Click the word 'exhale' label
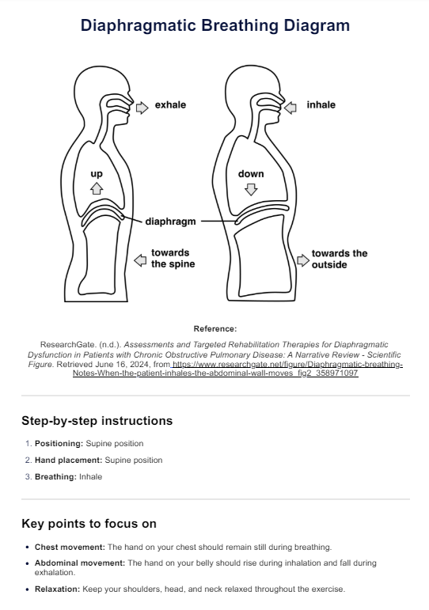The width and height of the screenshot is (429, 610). point(170,105)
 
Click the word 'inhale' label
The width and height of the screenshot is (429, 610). point(321,105)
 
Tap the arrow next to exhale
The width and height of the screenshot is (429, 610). point(142,108)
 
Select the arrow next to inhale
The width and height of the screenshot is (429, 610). point(290,108)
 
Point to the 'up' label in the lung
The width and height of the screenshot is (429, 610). point(97,174)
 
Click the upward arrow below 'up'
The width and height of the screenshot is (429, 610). point(97,188)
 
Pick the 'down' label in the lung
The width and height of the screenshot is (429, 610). point(251,174)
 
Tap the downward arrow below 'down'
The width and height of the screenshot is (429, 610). point(251,189)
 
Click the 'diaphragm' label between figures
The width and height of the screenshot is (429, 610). point(170,222)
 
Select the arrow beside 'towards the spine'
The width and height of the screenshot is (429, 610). point(140,260)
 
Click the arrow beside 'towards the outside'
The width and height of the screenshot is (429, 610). point(303,260)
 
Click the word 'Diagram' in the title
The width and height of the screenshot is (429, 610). point(317,25)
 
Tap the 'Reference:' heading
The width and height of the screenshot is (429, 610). point(214,328)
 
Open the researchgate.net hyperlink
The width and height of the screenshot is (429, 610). point(238,369)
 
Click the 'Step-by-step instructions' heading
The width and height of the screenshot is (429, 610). point(97,421)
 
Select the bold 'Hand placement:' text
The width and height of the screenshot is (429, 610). point(69,460)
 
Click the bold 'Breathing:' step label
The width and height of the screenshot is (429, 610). point(55,477)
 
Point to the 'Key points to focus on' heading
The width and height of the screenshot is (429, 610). point(89,524)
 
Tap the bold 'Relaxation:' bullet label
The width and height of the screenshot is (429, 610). point(58,589)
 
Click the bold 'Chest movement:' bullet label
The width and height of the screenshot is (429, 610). point(70,547)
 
